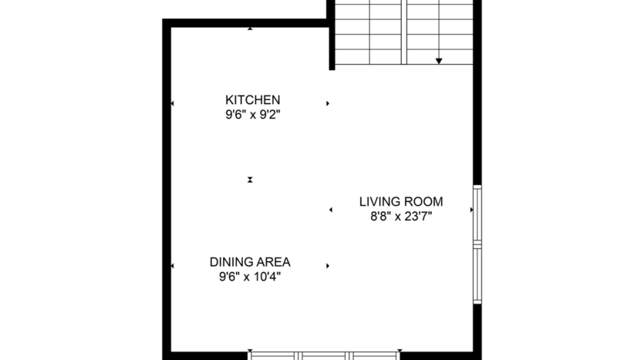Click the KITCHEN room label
click(252, 99)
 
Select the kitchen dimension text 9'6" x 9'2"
click(252, 115)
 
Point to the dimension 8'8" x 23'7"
click(400, 217)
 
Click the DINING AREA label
click(249, 262)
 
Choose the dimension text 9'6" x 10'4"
click(249, 277)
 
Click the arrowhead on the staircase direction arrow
click(439, 60)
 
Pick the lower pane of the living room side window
click(477, 274)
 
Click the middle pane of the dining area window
click(325, 355)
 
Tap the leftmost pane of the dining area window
click(275, 355)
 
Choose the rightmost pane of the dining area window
click(376, 355)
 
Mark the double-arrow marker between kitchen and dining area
click(250, 180)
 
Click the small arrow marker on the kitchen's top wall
click(250, 29)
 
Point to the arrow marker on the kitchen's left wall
click(172, 103)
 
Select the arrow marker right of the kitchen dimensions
click(328, 103)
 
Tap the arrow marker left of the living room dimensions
click(331, 210)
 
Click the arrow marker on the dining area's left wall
click(172, 266)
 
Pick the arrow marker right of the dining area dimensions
click(328, 266)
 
